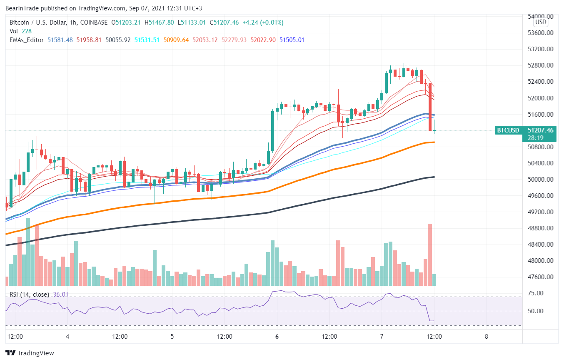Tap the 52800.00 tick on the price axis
540,65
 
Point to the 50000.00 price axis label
540,179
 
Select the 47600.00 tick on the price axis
540,277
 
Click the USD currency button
541,22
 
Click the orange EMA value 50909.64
176,40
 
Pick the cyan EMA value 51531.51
147,40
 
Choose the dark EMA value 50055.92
118,40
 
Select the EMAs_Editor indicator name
26,40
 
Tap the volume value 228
26,31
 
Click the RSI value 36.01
60,294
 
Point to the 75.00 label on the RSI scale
535,293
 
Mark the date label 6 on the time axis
277,337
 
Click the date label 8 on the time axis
487,337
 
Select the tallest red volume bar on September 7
430,255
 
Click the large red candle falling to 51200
430,107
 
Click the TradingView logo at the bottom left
30,353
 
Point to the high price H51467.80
159,22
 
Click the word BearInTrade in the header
22,8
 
